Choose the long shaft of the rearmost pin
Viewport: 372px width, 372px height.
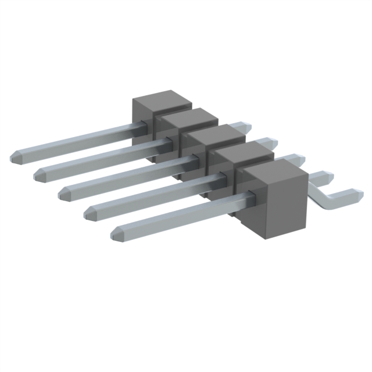click(76, 139)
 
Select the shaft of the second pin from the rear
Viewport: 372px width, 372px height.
click(102, 155)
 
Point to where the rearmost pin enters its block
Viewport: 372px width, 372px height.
click(141, 125)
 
